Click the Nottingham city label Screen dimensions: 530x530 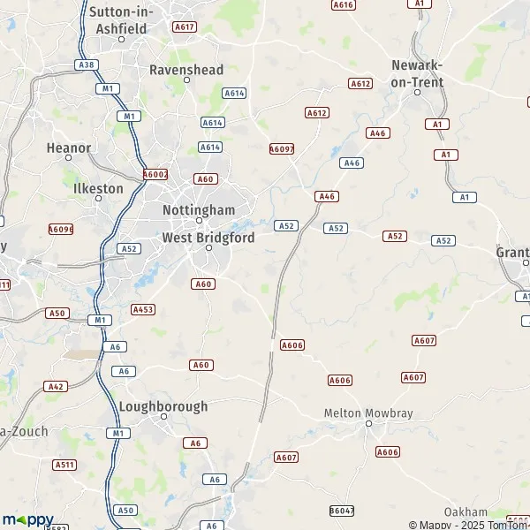pos(199,209)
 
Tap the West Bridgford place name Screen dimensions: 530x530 pos(208,238)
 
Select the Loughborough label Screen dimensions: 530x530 pos(163,406)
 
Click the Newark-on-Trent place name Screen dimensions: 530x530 pos(417,72)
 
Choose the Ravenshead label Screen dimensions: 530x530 pos(186,69)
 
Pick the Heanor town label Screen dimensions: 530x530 pos(69,148)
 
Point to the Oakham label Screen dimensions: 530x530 pos(466,512)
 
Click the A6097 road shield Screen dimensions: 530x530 pos(281,149)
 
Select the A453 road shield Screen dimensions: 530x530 pos(143,309)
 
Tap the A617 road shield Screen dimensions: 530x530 pos(185,27)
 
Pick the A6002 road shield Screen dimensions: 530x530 pos(155,175)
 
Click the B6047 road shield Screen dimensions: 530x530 pos(341,511)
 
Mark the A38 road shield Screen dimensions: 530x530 pos(87,64)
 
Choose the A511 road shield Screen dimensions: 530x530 pos(64,465)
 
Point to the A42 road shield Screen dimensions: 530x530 pos(57,386)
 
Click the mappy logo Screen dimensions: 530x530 pos(27,519)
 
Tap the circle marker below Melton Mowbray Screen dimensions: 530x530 pos(369,424)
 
